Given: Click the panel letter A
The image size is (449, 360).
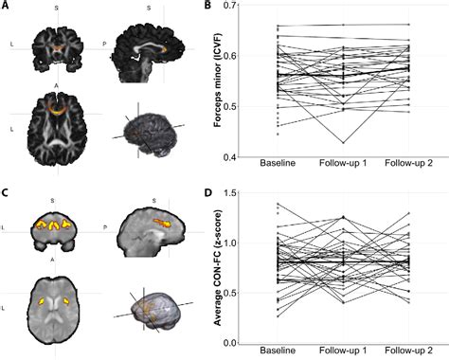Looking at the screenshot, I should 6,6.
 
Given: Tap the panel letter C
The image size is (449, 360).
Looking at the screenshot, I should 6,189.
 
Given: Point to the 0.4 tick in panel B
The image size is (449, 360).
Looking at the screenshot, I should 253,156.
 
